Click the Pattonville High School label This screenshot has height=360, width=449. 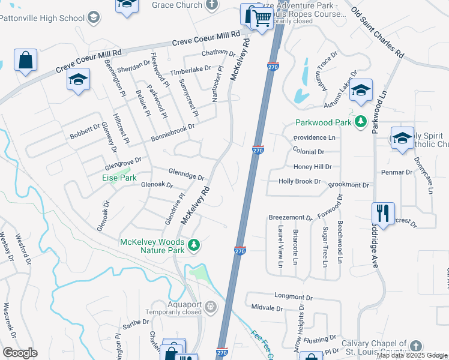42,18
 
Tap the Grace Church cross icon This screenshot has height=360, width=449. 211,5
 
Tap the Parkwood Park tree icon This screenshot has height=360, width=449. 360,122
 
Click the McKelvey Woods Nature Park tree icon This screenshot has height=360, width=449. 193,245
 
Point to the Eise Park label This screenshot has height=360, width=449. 119,178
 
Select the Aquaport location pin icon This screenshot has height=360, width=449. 211,308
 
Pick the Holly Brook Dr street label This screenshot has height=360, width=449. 300,181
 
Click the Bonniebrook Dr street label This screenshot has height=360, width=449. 175,127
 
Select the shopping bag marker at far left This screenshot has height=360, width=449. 25,61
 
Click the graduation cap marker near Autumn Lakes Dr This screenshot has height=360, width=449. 361,91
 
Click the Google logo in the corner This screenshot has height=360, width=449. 20,353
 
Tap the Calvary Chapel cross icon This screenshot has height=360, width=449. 415,346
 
